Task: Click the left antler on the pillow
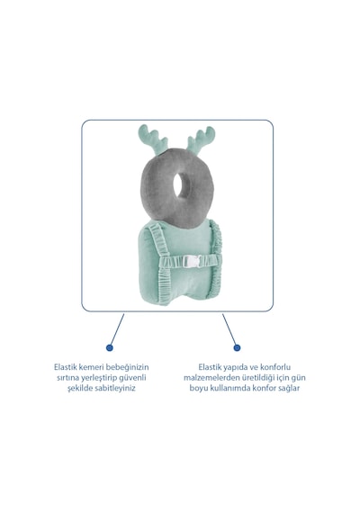pos(153,139)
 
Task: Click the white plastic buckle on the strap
pos(191,261)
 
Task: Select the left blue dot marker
pos(110,347)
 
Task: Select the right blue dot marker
pos(237,347)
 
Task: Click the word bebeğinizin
pos(127,367)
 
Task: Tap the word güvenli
pos(132,378)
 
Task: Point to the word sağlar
pos(289,388)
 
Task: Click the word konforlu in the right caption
pos(275,367)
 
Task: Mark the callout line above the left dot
pos(117,328)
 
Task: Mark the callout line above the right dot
pos(229,328)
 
